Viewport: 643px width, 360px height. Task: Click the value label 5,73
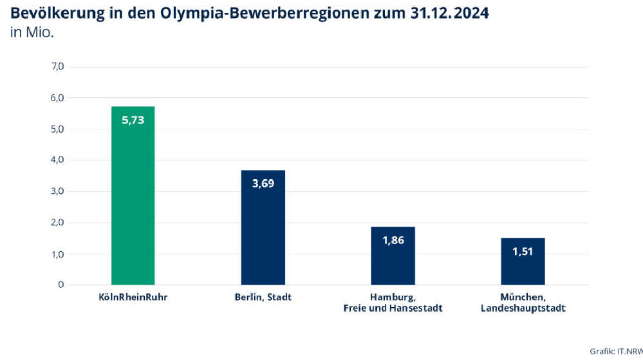coord(133,120)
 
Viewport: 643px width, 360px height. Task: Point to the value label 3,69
coord(263,184)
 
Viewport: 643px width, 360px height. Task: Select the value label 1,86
coord(393,240)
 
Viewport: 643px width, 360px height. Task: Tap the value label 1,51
coord(523,252)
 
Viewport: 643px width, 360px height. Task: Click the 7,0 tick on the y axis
coord(57,66)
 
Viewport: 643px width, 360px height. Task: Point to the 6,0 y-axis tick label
coord(57,98)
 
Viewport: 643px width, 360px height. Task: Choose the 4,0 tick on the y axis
coord(57,160)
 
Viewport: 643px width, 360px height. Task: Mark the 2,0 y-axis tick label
coord(57,223)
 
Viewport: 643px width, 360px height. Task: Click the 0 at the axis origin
coord(61,285)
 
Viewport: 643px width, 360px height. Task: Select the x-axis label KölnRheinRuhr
coord(133,297)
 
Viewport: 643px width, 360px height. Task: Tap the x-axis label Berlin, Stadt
coord(263,297)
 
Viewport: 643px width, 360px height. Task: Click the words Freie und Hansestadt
coord(393,308)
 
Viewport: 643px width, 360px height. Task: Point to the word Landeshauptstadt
coord(523,308)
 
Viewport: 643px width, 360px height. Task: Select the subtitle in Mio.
coord(32,33)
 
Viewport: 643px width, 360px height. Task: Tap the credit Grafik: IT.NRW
coord(615,351)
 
